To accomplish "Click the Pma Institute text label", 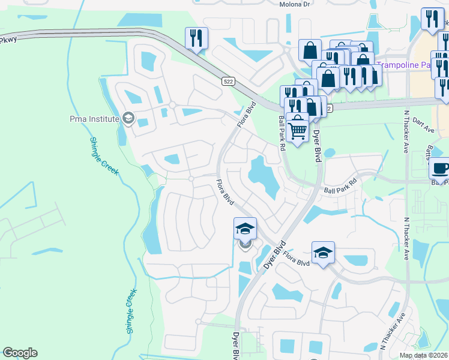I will click(x=95, y=119).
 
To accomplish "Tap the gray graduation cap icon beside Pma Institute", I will click(x=127, y=118).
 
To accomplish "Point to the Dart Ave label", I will click(x=424, y=125).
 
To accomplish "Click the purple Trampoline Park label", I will click(x=412, y=65).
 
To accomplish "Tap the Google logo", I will click(x=20, y=353).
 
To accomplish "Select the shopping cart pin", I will click(x=297, y=128).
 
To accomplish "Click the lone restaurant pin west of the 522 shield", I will click(x=196, y=38).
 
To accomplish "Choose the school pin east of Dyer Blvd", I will click(x=323, y=253).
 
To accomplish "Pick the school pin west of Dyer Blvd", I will click(x=245, y=229).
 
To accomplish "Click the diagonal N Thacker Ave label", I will click(x=394, y=330).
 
